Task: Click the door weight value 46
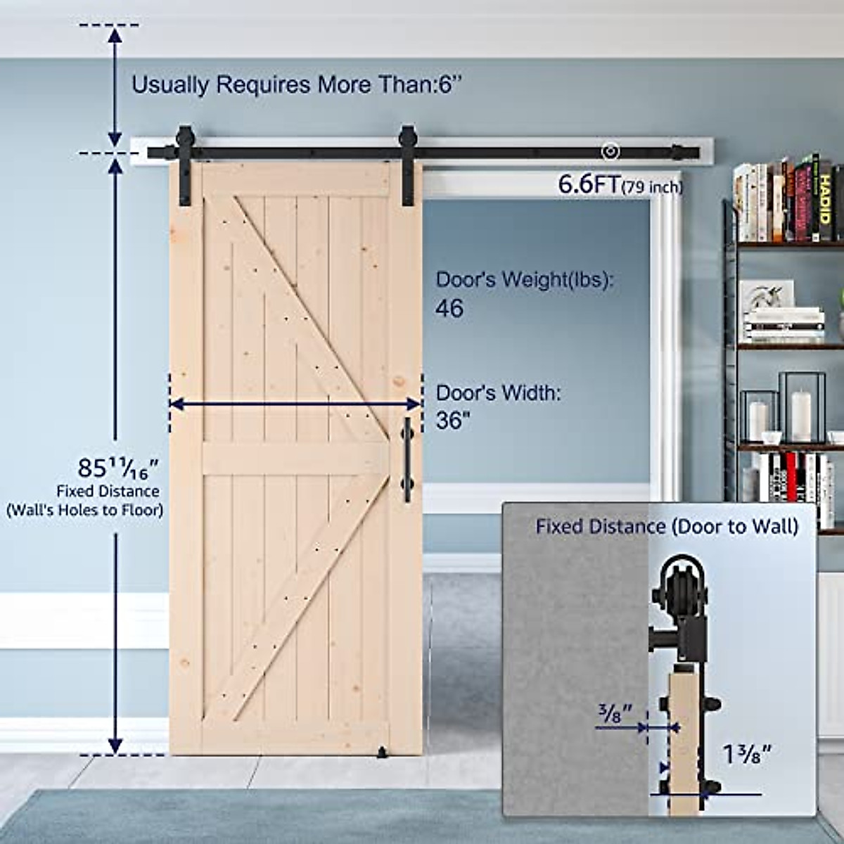click(x=449, y=309)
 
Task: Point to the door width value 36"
click(x=453, y=421)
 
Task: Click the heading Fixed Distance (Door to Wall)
click(x=667, y=526)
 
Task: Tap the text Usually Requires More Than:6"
click(x=298, y=85)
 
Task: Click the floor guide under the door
click(x=383, y=754)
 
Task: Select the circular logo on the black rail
click(x=610, y=152)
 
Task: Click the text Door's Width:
click(x=499, y=393)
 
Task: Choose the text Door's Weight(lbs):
click(x=525, y=279)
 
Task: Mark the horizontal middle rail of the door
click(x=295, y=459)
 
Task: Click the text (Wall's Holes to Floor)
click(x=85, y=510)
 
